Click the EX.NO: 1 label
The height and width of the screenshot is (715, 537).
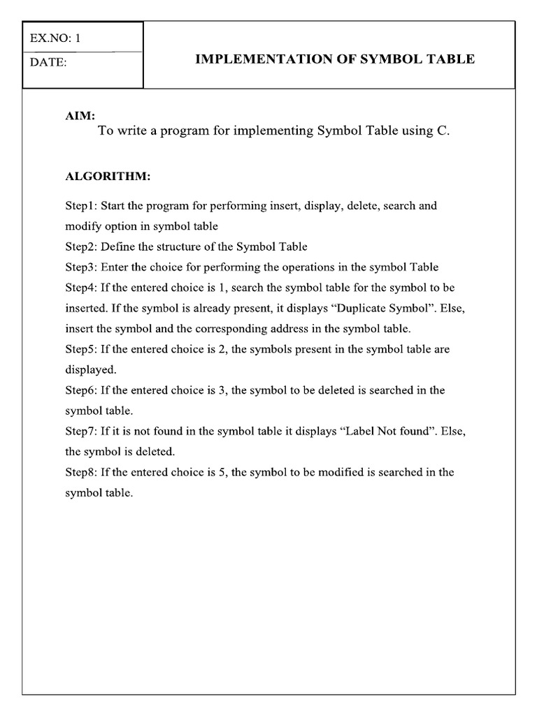pos(55,38)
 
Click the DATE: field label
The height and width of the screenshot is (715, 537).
pos(48,63)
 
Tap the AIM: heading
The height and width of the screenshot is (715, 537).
pos(80,116)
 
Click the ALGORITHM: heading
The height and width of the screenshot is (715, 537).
pos(108,176)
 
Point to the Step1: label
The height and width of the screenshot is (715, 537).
pos(82,206)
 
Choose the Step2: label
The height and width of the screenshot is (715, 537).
pos(82,246)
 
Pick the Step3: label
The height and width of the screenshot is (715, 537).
pos(82,267)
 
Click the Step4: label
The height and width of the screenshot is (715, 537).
pos(82,288)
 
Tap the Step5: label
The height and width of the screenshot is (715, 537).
pos(82,349)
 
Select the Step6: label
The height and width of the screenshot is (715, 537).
pos(82,390)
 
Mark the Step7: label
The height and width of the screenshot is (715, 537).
pos(82,431)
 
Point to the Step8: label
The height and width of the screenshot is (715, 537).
pos(82,472)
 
